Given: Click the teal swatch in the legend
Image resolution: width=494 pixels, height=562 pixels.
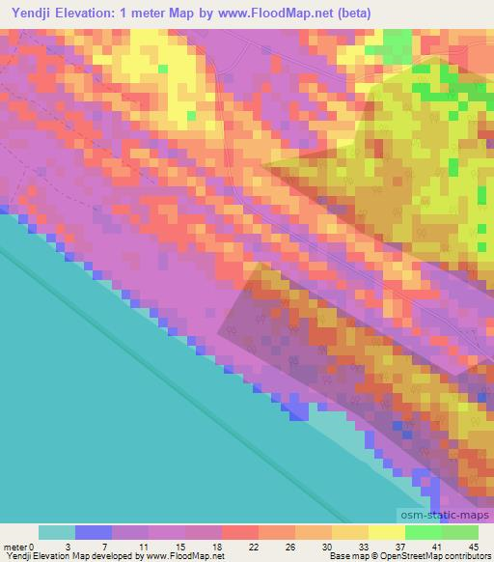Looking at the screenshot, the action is pyautogui.click(x=57, y=532).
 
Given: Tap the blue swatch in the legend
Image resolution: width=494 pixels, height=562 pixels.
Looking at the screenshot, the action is pyautogui.click(x=94, y=532).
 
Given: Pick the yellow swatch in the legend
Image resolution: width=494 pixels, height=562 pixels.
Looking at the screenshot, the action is pyautogui.click(x=387, y=532).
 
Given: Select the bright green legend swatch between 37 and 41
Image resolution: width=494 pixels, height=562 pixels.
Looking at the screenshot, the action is pyautogui.click(x=424, y=532).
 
